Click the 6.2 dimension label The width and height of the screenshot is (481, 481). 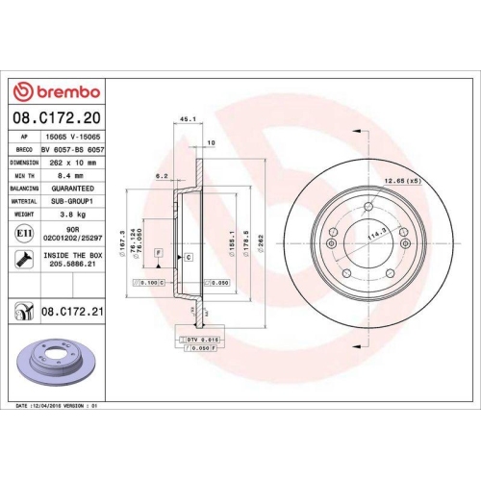click(x=162, y=177)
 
